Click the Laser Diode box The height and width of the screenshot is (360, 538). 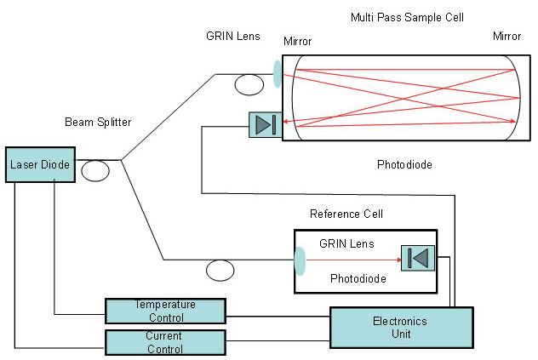pyautogui.click(x=40, y=165)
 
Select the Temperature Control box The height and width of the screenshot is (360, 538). pyautogui.click(x=165, y=311)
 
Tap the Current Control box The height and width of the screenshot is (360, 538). pyautogui.click(x=165, y=342)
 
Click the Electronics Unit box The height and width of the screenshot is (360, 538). pyautogui.click(x=402, y=328)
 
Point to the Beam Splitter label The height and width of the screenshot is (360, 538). pyautogui.click(x=98, y=123)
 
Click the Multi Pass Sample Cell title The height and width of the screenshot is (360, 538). pyautogui.click(x=407, y=17)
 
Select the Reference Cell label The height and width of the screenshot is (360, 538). pyautogui.click(x=346, y=214)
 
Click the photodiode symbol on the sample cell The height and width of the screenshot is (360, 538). pyautogui.click(x=266, y=125)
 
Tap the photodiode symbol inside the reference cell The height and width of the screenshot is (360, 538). pyautogui.click(x=418, y=258)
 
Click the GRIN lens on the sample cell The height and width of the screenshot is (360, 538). pyautogui.click(x=277, y=74)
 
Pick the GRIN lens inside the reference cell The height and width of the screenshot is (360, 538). pyautogui.click(x=300, y=260)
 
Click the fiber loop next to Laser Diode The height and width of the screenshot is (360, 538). pyautogui.click(x=95, y=170)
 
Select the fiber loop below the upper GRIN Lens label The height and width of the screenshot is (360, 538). pyautogui.click(x=249, y=84)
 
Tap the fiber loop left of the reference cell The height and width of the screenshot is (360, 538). pyautogui.click(x=220, y=270)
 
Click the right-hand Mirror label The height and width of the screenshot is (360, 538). pyautogui.click(x=507, y=36)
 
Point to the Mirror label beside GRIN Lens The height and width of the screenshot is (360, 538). pyautogui.click(x=297, y=41)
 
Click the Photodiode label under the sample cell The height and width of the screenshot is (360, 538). pyautogui.click(x=404, y=165)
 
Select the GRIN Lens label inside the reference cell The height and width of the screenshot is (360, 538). pyautogui.click(x=346, y=243)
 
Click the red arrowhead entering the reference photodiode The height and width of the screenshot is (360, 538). pyautogui.click(x=399, y=260)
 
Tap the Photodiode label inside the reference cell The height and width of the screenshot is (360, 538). pyautogui.click(x=358, y=278)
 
